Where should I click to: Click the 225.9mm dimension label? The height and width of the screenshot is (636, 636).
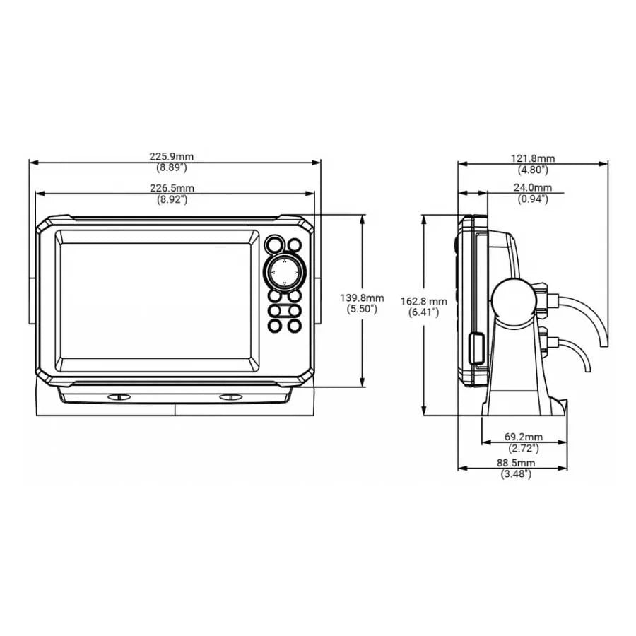tap(171, 157)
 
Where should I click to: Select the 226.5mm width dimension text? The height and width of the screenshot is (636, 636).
tap(171, 188)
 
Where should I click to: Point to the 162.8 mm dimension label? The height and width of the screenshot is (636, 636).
tap(423, 301)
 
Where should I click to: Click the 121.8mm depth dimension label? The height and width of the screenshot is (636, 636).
tap(532, 159)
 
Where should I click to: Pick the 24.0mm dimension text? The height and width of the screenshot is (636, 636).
tap(532, 188)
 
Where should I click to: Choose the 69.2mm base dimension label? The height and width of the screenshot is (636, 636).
tap(524, 437)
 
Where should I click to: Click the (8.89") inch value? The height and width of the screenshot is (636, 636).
tap(171, 168)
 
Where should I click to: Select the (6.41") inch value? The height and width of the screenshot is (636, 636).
tap(423, 312)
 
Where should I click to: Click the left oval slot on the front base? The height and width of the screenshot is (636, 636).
tap(119, 398)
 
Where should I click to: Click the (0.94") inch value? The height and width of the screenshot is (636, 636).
tap(532, 199)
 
